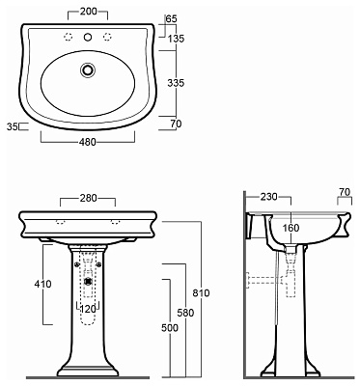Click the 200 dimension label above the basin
pos(88,12)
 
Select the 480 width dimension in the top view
pos(88,142)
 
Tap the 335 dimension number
pos(176,83)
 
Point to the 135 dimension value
pos(176,39)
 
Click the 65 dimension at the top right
pos(171,18)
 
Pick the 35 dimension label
pos(13,126)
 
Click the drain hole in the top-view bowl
pos(87,69)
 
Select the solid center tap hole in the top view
pos(87,38)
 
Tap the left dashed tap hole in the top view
pos(68,38)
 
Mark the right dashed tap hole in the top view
pos(107,38)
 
